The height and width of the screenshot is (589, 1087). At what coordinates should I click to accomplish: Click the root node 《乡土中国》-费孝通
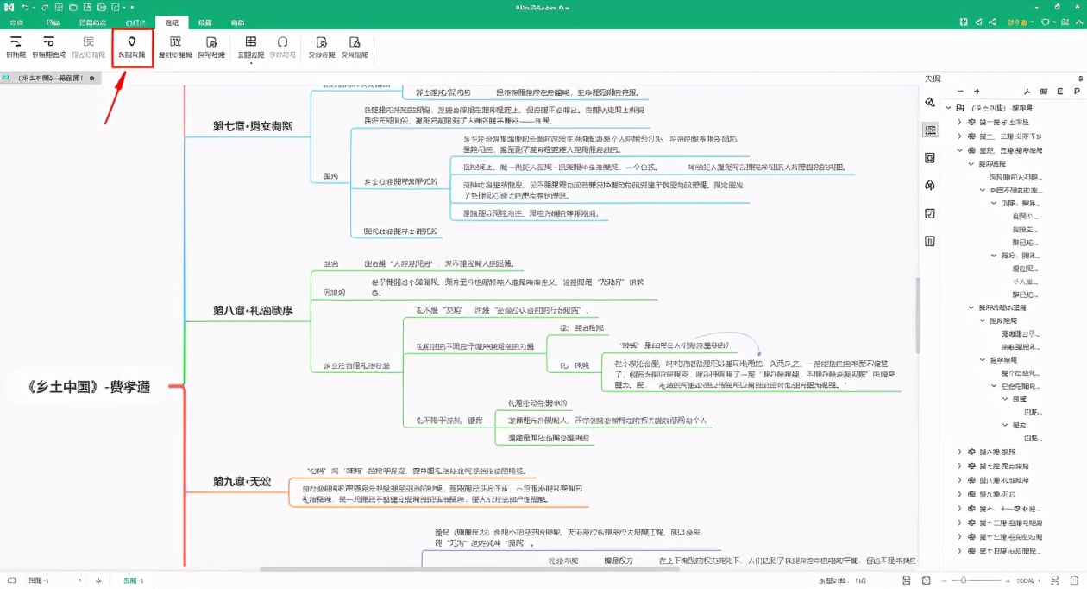tap(90, 387)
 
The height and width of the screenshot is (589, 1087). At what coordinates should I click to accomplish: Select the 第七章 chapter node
tap(253, 126)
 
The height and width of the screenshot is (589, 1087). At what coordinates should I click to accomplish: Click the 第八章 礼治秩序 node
tap(253, 310)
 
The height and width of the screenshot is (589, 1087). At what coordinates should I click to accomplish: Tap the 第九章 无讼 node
tap(242, 481)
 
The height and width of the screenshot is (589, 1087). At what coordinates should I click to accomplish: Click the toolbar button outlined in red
tap(132, 47)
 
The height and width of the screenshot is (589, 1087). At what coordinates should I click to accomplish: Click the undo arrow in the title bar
tap(27, 7)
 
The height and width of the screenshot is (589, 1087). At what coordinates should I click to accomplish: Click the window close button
tap(1075, 7)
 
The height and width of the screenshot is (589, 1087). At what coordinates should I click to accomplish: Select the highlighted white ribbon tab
tap(171, 22)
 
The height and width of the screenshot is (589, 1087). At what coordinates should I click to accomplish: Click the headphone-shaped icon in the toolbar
tap(282, 42)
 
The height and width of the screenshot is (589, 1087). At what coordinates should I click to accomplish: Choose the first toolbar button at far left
tap(16, 47)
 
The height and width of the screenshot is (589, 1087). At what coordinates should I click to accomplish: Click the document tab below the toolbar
tap(51, 78)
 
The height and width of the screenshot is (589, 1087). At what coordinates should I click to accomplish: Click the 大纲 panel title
tap(933, 79)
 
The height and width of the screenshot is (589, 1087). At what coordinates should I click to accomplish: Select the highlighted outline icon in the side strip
tap(930, 130)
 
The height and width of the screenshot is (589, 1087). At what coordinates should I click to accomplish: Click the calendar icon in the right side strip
tap(930, 213)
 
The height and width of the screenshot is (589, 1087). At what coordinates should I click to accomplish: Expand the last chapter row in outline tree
tap(960, 551)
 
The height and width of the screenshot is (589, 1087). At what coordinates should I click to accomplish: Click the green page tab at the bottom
tap(133, 580)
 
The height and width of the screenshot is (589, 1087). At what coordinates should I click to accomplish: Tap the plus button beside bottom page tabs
tap(99, 580)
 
